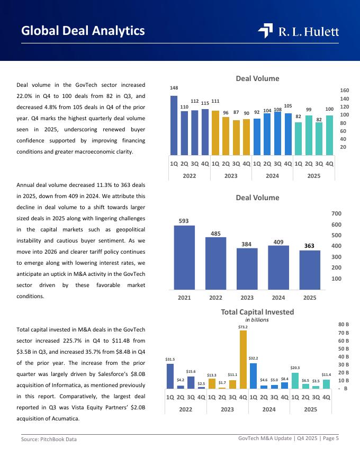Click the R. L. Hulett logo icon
click(x=265, y=31)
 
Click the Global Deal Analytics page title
click(x=83, y=31)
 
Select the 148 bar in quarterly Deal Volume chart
click(x=174, y=124)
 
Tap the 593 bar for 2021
click(x=184, y=257)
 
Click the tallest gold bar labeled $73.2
click(x=243, y=360)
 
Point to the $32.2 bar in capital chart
click(x=253, y=375)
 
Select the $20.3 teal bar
click(x=295, y=380)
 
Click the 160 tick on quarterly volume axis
click(x=344, y=91)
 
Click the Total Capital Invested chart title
click(x=257, y=312)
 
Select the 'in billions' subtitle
click(x=257, y=320)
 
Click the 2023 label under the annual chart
click(x=247, y=298)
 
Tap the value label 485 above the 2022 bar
click(x=215, y=234)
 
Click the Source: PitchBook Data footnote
click(x=49, y=439)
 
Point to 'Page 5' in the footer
click(x=329, y=438)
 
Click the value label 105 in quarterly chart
click(x=288, y=106)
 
